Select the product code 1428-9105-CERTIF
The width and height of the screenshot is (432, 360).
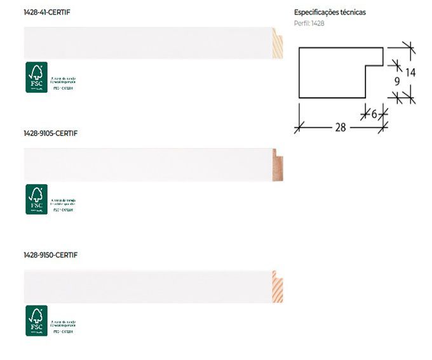(50, 133)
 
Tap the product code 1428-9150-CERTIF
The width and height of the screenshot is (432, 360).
(50, 255)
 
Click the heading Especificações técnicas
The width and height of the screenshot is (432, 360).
(330, 12)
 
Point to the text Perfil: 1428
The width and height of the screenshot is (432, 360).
(309, 23)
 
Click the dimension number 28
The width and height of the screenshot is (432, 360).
(341, 127)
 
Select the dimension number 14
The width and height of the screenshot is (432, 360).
(410, 72)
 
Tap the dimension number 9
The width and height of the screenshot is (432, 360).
(397, 81)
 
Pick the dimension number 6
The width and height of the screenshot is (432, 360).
(374, 113)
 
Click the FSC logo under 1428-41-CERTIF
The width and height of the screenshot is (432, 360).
(36, 77)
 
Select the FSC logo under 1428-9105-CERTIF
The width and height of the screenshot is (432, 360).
(36, 199)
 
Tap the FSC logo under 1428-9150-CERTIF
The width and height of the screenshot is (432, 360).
(36, 321)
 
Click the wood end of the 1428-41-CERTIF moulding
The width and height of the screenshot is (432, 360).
(277, 44)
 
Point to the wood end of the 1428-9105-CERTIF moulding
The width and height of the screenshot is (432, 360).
(277, 165)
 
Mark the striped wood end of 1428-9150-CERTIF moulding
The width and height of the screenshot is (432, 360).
(277, 286)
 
